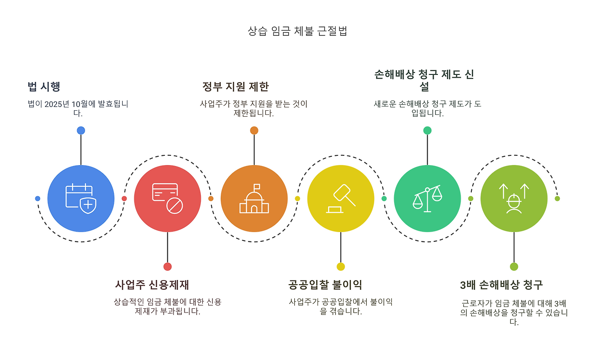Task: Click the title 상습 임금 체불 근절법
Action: click(x=297, y=32)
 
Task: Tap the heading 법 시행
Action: click(x=44, y=87)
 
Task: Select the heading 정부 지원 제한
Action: click(x=235, y=87)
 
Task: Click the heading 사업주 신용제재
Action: click(x=152, y=285)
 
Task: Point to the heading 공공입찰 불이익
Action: click(x=325, y=285)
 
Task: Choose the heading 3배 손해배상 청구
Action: click(x=501, y=285)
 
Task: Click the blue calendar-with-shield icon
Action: click(x=81, y=199)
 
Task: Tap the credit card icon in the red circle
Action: click(x=167, y=199)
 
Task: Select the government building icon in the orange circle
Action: click(x=254, y=199)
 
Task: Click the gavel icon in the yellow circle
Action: click(x=341, y=199)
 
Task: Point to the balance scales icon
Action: click(x=427, y=199)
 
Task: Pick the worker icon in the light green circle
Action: click(x=514, y=199)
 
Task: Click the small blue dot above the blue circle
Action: click(x=81, y=130)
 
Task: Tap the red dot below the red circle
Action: click(x=167, y=267)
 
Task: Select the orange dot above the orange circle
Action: click(x=254, y=130)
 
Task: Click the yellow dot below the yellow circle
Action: click(x=341, y=267)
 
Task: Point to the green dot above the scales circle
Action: click(x=427, y=130)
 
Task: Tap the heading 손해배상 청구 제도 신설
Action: click(x=424, y=80)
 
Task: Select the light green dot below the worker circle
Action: click(x=514, y=267)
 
